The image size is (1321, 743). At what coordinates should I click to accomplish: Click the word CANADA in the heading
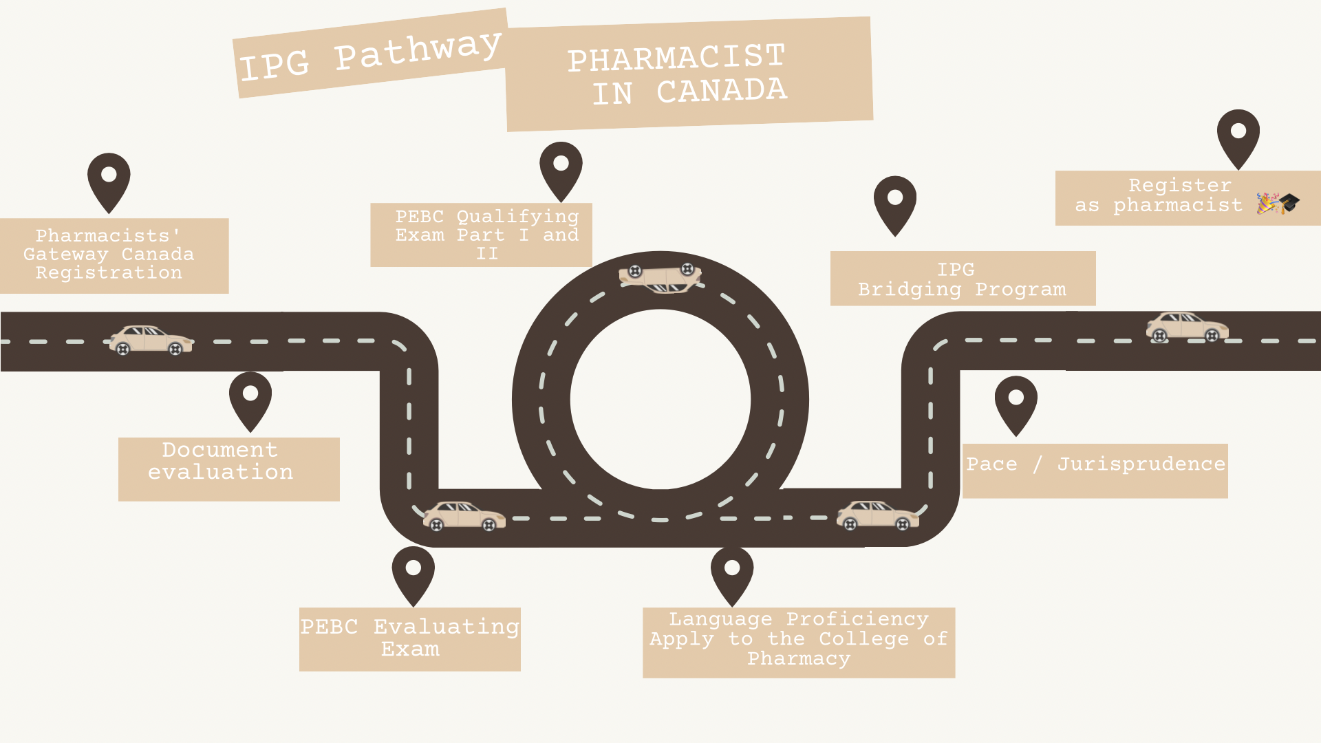(x=721, y=91)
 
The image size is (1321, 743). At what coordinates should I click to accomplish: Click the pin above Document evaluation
(x=250, y=398)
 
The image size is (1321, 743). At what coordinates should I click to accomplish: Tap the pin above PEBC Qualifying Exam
(x=561, y=168)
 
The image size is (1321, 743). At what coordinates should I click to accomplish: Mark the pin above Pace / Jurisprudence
(x=1016, y=402)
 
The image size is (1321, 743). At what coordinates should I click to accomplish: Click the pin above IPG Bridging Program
(x=894, y=202)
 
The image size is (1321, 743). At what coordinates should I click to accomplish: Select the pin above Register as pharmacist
(x=1238, y=136)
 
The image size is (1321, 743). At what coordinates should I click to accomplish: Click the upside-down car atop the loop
(x=660, y=278)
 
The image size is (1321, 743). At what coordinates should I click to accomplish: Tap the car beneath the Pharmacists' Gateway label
(x=151, y=340)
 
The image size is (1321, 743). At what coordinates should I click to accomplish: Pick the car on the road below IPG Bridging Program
(x=1187, y=327)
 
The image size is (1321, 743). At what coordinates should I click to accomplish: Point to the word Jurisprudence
(x=1141, y=464)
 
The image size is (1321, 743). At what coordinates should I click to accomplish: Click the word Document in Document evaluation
(x=220, y=450)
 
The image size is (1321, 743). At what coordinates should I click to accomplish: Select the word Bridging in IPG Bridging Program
(x=910, y=290)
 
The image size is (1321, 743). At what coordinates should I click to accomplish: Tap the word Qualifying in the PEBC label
(x=517, y=217)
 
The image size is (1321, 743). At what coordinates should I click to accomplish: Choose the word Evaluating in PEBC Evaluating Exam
(x=446, y=627)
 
